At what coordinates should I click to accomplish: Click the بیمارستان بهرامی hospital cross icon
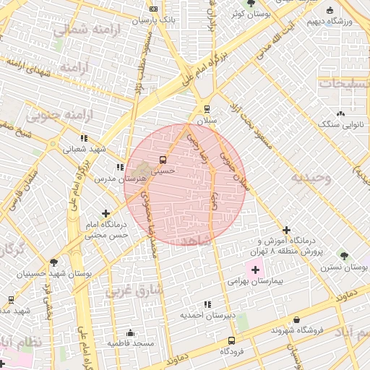tap(256, 270)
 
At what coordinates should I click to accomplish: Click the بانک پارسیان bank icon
tap(153, 9)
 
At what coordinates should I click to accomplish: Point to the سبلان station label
tap(208, 121)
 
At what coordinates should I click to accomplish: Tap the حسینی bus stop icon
tap(163, 160)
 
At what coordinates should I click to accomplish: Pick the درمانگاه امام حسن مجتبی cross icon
tap(106, 213)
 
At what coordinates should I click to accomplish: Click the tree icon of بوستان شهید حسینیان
tap(53, 262)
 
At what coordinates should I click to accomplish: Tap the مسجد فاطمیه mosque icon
tap(130, 333)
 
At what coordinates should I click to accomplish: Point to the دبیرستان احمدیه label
tap(208, 316)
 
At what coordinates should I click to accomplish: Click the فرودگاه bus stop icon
tap(231, 340)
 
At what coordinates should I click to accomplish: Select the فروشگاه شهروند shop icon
tap(296, 319)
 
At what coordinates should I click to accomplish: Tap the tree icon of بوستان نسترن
tap(343, 255)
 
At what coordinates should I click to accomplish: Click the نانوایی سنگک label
tap(340, 124)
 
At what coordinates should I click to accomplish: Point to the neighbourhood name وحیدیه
tap(311, 177)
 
